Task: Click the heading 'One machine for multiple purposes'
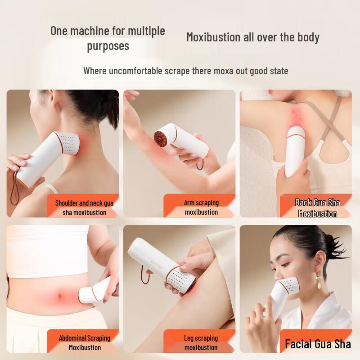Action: [108, 38]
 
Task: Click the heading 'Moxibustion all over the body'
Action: [253, 37]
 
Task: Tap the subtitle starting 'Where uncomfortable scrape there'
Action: [185, 71]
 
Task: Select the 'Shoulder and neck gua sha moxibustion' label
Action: [84, 207]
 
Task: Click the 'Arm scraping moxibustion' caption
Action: [201, 207]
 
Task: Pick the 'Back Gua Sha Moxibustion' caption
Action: [318, 208]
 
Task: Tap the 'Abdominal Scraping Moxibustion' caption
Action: [85, 342]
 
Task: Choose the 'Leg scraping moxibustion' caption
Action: [201, 342]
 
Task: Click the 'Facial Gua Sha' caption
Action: [318, 344]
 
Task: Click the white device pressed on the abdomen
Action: [95, 291]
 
